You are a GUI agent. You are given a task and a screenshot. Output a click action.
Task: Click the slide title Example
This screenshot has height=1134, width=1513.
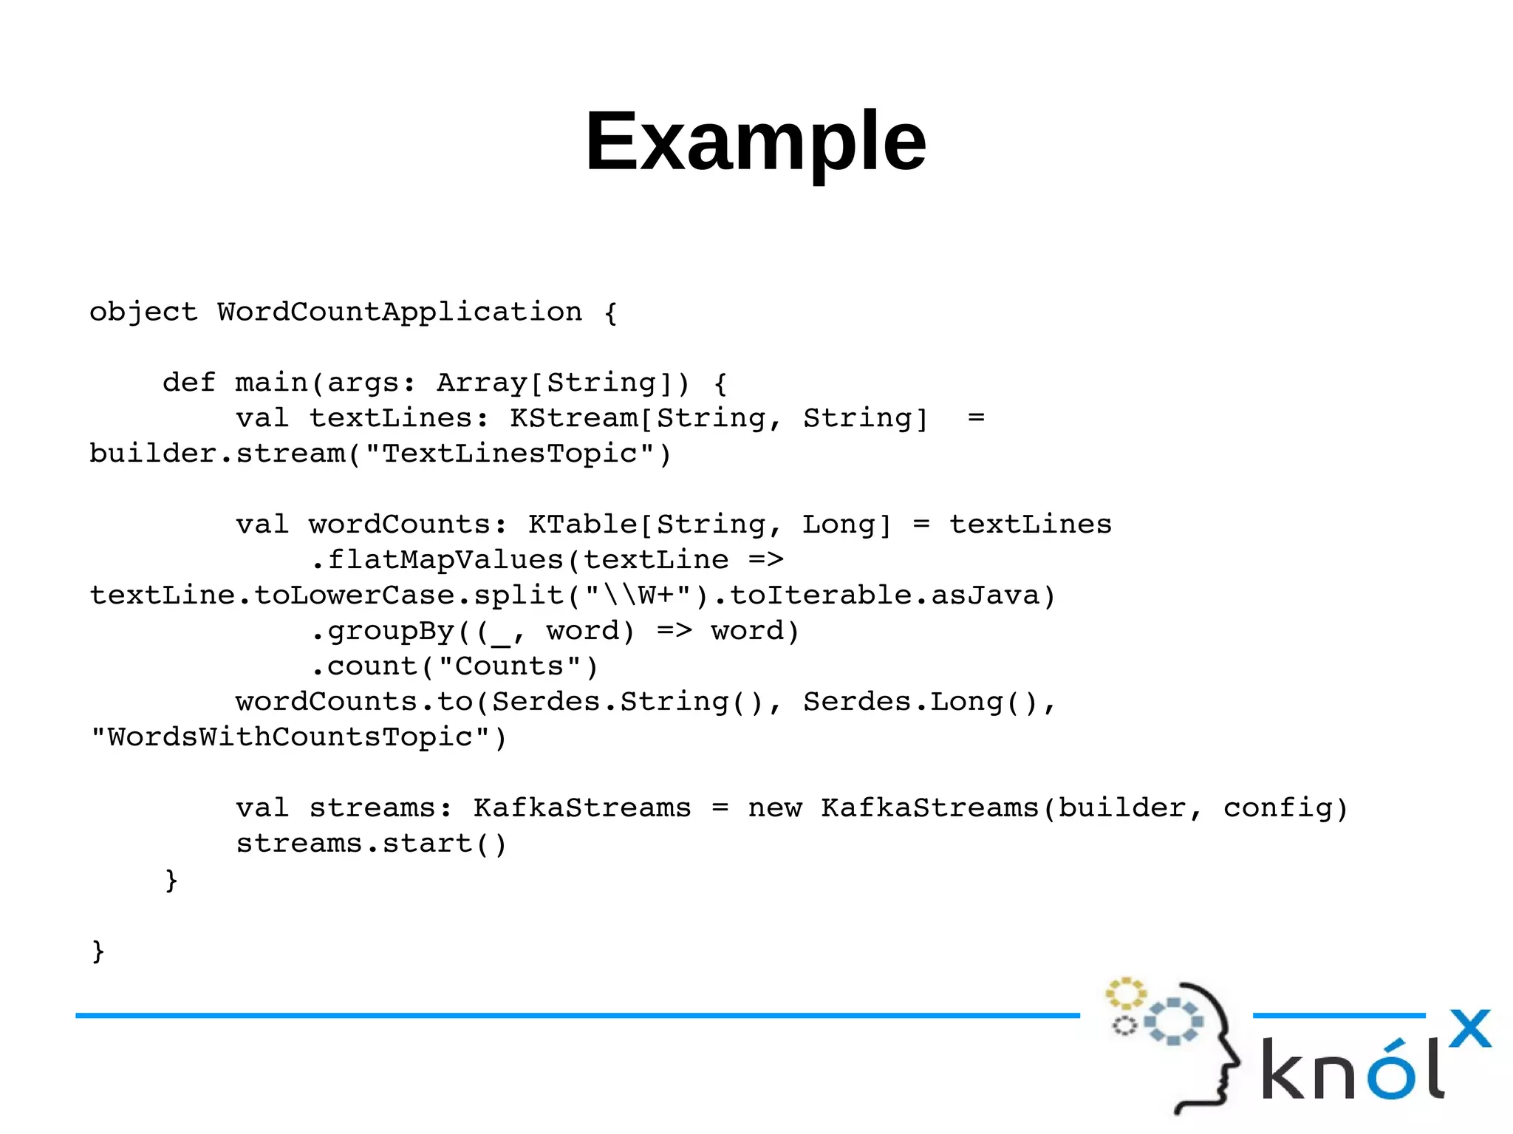755,140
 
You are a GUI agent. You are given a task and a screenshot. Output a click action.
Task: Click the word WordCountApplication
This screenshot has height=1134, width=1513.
399,312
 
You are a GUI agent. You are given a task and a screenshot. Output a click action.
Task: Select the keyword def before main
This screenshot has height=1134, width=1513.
188,383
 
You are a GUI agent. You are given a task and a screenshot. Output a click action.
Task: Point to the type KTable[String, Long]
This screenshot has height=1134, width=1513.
710,525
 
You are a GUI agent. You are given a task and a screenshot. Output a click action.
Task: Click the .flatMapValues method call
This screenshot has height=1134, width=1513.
440,560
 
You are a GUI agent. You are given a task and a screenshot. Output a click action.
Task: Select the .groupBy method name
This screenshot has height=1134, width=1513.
383,631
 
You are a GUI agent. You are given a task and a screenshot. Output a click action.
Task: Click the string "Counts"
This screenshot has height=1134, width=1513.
509,666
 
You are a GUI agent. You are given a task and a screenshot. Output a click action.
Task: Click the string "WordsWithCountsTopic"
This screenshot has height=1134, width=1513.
290,737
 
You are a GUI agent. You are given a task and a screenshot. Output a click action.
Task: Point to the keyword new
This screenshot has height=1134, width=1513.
774,808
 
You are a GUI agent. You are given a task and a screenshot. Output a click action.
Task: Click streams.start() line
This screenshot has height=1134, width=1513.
371,844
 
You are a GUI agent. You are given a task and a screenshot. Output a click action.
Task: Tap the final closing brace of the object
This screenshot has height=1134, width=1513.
98,951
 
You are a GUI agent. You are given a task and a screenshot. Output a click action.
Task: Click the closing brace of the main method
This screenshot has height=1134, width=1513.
171,880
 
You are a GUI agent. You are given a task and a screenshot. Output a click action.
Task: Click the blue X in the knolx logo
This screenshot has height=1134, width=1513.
1469,1029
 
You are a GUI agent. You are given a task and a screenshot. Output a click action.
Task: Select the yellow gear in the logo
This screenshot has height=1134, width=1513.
1124,994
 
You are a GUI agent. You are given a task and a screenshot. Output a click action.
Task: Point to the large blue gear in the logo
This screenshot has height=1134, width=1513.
1172,1022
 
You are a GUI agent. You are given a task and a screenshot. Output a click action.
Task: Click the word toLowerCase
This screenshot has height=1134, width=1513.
354,595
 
